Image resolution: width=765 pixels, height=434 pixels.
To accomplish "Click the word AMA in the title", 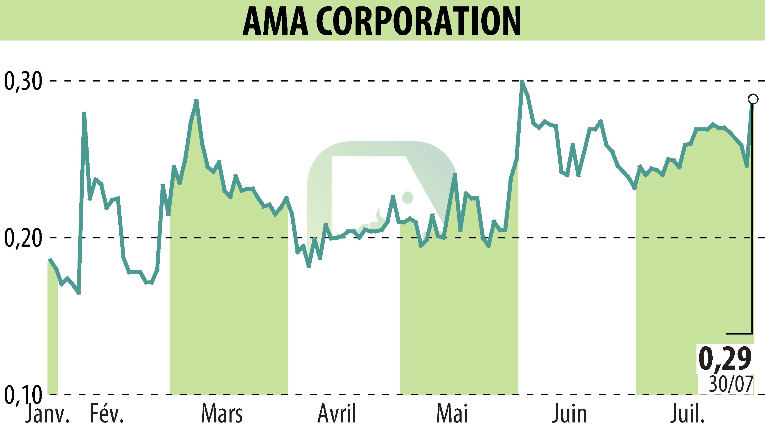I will (275, 22).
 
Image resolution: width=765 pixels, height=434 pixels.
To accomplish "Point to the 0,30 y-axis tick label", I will (22, 81).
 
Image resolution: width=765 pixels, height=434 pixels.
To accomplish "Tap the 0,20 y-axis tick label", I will (22, 238).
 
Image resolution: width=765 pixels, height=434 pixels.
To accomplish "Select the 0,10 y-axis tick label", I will (22, 394).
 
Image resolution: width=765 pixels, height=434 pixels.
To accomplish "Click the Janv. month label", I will (47, 414).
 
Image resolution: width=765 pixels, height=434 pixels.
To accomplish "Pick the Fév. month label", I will (107, 414).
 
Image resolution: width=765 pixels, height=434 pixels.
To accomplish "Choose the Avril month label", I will (337, 414).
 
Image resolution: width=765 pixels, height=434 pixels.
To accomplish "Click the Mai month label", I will (452, 414).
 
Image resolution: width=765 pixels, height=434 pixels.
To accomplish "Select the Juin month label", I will (569, 414).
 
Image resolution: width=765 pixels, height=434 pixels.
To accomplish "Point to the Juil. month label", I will (687, 414).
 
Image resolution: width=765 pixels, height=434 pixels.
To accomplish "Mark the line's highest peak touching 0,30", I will (522, 81).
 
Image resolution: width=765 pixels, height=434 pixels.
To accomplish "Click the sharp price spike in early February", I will (84, 113).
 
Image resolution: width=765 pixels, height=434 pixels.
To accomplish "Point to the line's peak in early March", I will (196, 100).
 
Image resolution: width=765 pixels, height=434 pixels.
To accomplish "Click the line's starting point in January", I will (50, 260).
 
